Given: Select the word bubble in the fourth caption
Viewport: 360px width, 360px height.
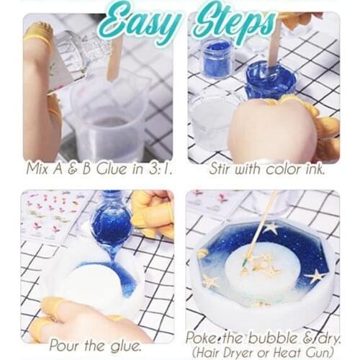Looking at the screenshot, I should coord(266,336).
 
